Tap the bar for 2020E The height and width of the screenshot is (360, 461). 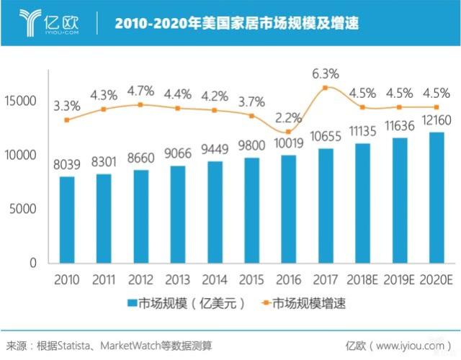click(x=437, y=198)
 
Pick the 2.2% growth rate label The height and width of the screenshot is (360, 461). click(x=288, y=117)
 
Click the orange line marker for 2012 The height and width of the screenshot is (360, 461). click(x=141, y=105)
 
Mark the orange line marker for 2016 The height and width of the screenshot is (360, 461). click(x=288, y=132)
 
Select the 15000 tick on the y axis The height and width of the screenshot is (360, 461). click(x=22, y=101)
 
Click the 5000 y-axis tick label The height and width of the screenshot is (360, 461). click(x=24, y=210)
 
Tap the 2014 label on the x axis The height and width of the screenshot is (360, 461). click(x=214, y=279)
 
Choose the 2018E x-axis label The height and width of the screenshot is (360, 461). click(x=362, y=279)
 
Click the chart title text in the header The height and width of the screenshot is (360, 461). click(x=238, y=24)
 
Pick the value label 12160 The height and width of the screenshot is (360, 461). click(x=437, y=119)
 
